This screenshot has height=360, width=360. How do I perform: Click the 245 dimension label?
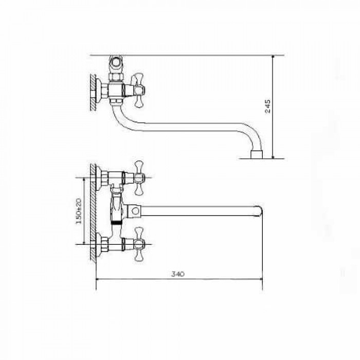pyautogui.click(x=268, y=106)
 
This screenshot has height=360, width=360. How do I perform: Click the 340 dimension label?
pyautogui.click(x=178, y=274)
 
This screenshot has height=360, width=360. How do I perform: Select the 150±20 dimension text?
pyautogui.click(x=79, y=211)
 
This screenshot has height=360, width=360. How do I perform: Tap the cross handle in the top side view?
pyautogui.click(x=138, y=90)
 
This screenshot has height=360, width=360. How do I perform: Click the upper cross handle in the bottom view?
pyautogui.click(x=139, y=178)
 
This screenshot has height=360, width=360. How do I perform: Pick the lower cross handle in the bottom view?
pyautogui.click(x=139, y=244)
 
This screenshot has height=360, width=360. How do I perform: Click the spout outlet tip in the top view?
pyautogui.click(x=256, y=154)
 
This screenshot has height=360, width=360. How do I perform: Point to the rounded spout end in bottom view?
pyautogui.click(x=259, y=211)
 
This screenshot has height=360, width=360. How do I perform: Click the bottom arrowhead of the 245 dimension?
pyautogui.click(x=273, y=156)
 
